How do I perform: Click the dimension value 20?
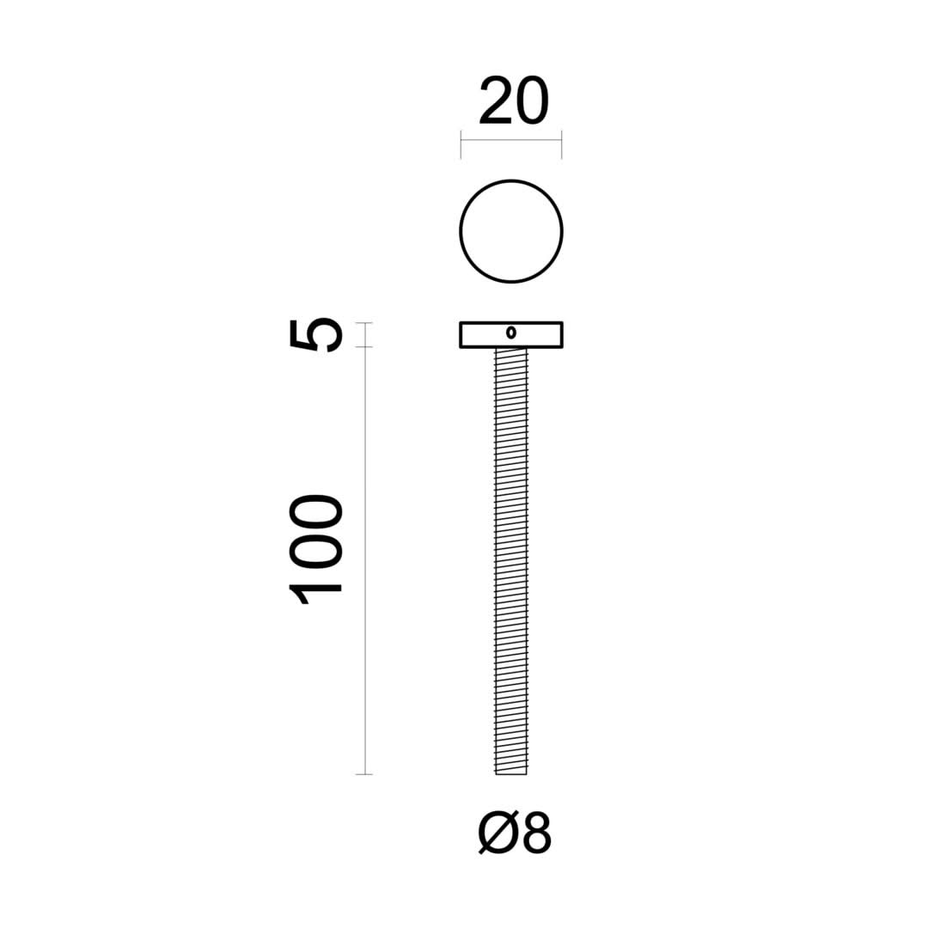click(x=513, y=101)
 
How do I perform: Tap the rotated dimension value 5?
click(x=316, y=334)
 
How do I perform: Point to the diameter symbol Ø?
click(x=496, y=833)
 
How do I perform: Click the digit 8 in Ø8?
click(x=535, y=833)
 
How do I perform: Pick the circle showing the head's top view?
click(x=511, y=231)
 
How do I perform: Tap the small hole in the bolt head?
click(x=511, y=333)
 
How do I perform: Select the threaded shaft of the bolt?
click(x=511, y=559)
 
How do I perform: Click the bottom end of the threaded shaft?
click(x=511, y=772)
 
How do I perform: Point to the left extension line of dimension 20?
click(x=461, y=145)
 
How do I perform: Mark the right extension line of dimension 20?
click(x=561, y=145)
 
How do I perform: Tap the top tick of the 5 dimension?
click(x=365, y=322)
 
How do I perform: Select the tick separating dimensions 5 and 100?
click(x=365, y=347)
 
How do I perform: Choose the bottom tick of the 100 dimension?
click(x=365, y=774)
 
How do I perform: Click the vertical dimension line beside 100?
click(x=366, y=559)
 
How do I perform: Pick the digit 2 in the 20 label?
click(x=496, y=101)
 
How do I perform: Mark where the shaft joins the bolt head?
click(x=511, y=349)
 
